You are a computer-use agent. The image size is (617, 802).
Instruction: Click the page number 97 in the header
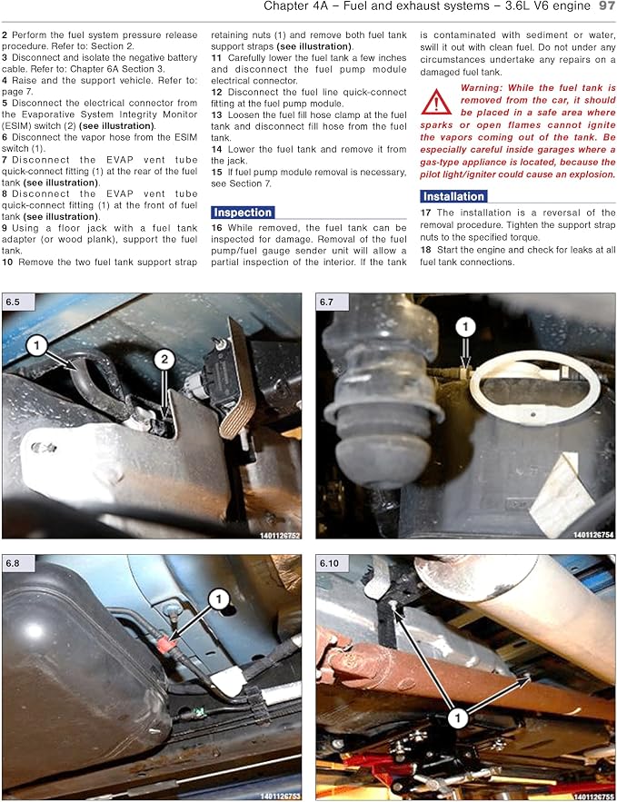607,6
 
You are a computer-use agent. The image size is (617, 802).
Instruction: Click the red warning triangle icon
436,102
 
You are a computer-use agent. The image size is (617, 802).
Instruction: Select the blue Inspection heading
243,213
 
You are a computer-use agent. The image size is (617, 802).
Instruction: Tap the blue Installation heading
453,196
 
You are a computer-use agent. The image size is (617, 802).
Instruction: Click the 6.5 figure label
13,302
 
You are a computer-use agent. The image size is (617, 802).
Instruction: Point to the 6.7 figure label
326,302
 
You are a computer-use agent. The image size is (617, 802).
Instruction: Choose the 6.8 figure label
13,563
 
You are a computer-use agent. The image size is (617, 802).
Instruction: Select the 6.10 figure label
329,563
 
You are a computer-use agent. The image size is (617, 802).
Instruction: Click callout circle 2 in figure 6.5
164,359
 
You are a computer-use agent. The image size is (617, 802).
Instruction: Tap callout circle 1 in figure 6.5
36,346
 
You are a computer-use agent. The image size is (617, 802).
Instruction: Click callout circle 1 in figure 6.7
465,326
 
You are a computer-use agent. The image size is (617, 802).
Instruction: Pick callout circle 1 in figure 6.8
219,599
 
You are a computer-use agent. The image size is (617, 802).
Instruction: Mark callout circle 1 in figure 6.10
457,718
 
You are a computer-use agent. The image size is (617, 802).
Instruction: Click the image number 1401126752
280,535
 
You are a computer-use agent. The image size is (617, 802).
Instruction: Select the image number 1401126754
593,535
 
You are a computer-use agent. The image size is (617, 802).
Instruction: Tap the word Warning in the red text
482,88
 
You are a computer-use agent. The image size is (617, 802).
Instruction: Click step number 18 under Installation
425,250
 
